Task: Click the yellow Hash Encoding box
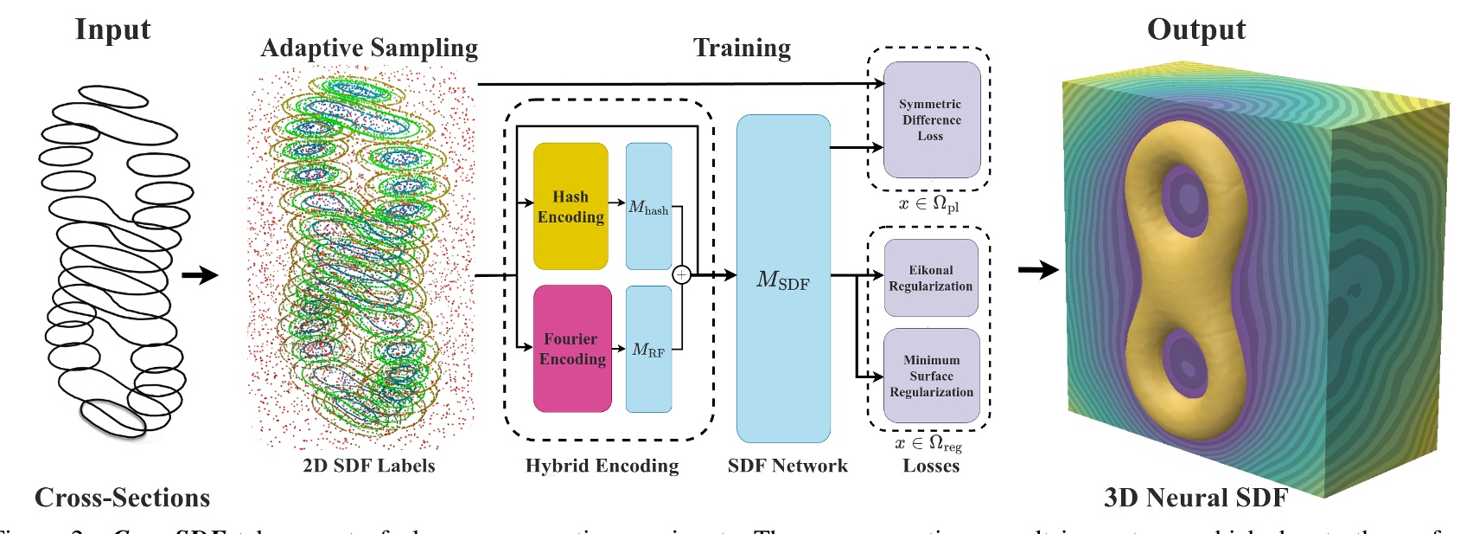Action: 571,206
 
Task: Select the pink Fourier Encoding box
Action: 571,348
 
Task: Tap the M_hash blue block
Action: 648,207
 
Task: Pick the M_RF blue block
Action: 648,349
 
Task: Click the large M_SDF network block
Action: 783,279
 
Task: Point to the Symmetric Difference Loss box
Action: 931,119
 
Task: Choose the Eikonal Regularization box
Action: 931,278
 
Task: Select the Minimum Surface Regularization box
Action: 931,376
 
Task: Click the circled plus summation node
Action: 682,275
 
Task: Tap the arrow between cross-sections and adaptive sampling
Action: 200,275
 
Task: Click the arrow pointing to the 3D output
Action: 1038,270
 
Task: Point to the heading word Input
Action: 112,29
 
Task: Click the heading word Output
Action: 1195,29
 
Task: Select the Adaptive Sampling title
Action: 369,48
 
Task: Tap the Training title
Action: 742,48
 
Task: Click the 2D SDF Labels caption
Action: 368,466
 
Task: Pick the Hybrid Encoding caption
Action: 602,466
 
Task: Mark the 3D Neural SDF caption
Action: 1195,498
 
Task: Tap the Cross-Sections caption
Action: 122,498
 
